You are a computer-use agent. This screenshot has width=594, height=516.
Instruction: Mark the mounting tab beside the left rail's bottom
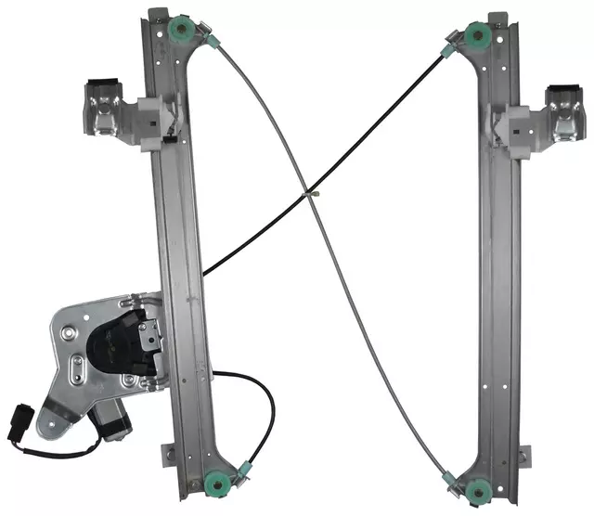(167, 454)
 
